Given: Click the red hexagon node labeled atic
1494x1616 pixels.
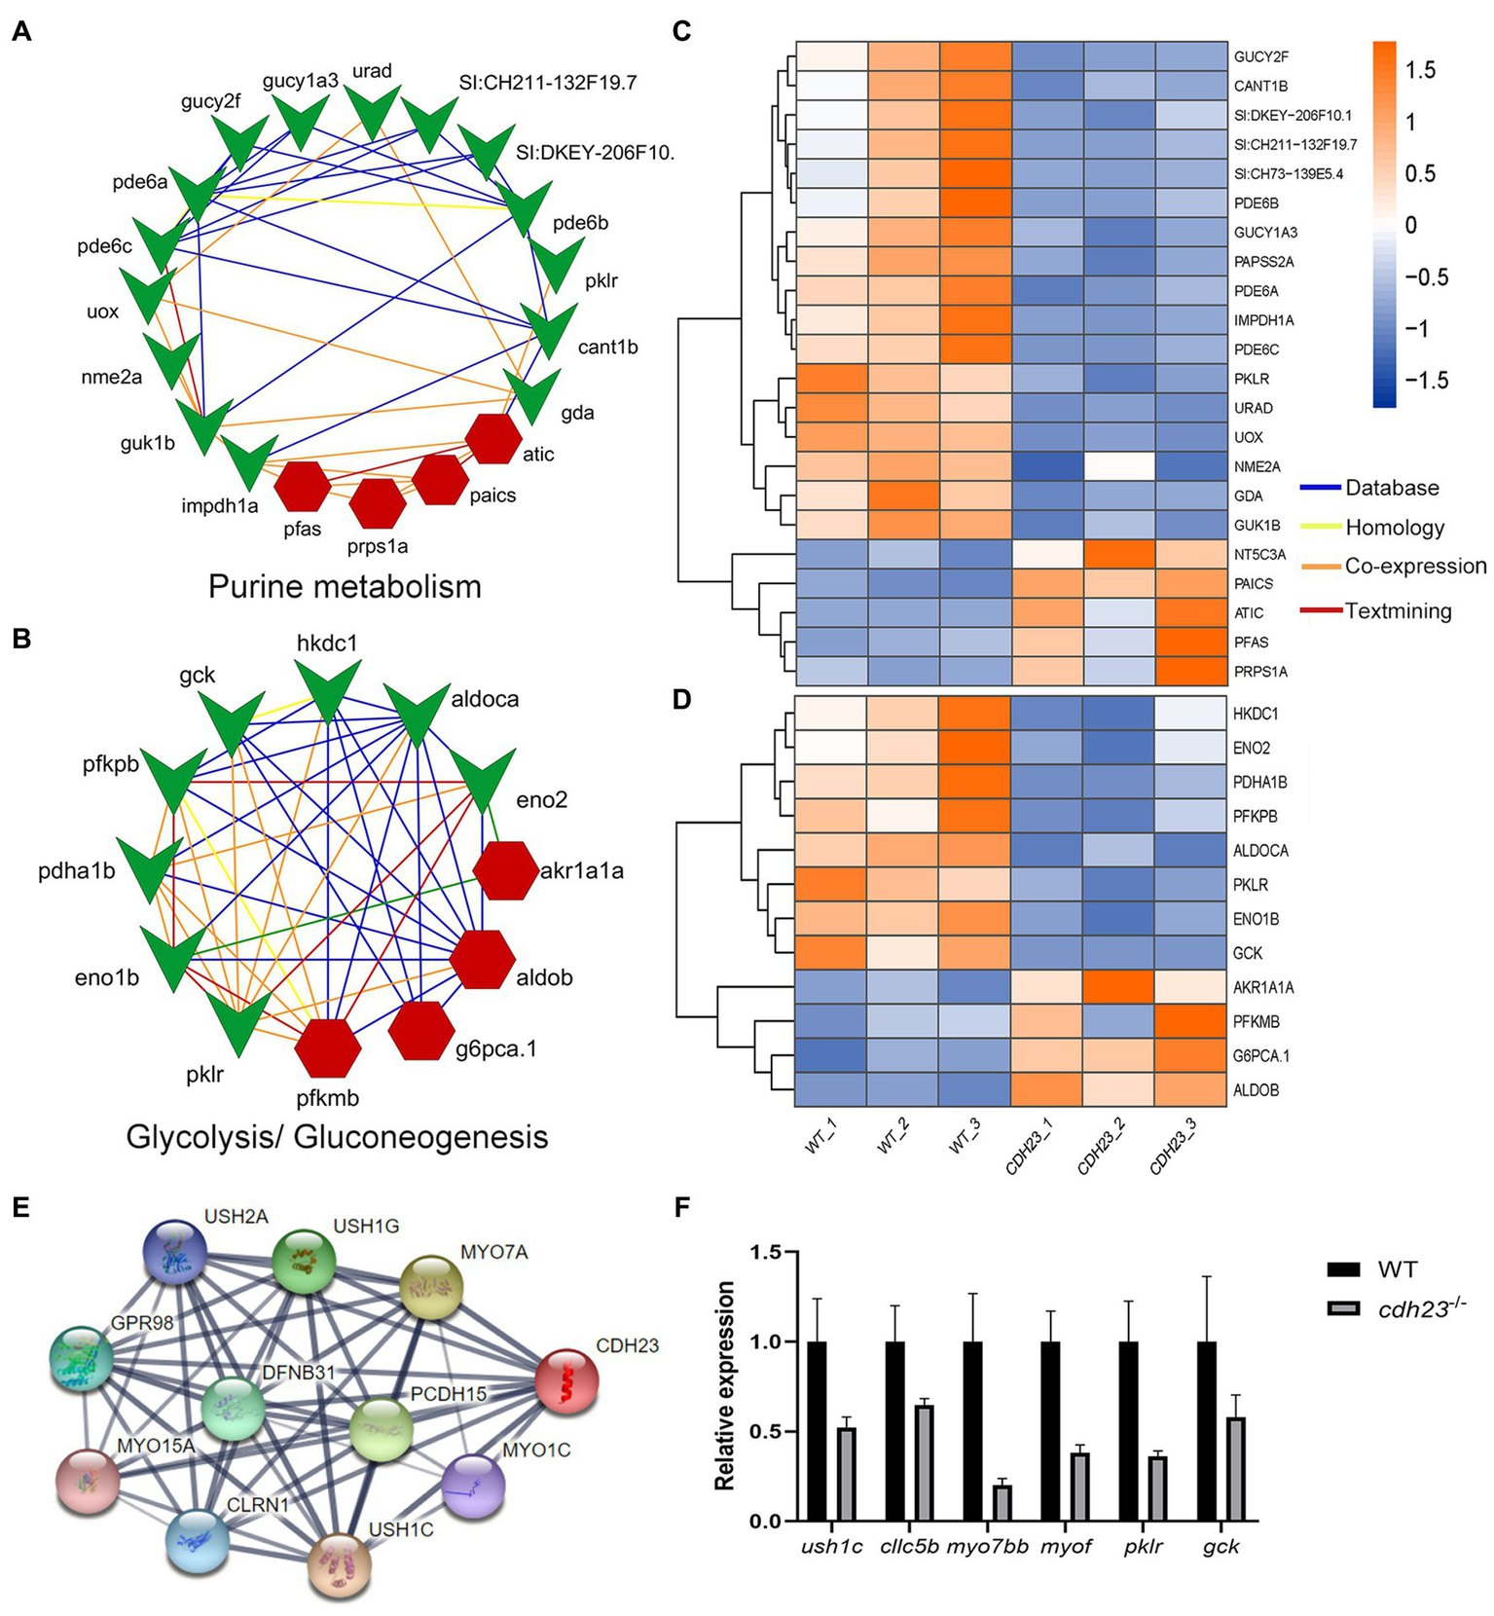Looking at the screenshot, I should (x=493, y=437).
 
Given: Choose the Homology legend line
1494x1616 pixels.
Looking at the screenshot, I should (x=1321, y=528).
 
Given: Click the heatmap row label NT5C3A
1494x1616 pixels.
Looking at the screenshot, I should (x=1260, y=555).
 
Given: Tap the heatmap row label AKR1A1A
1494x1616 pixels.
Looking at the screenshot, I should (x=1261, y=988).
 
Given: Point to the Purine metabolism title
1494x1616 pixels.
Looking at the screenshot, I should (x=345, y=587).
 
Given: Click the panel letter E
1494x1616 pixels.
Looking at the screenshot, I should (x=21, y=1208).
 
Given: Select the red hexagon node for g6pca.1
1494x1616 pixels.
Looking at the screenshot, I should (x=422, y=1031).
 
